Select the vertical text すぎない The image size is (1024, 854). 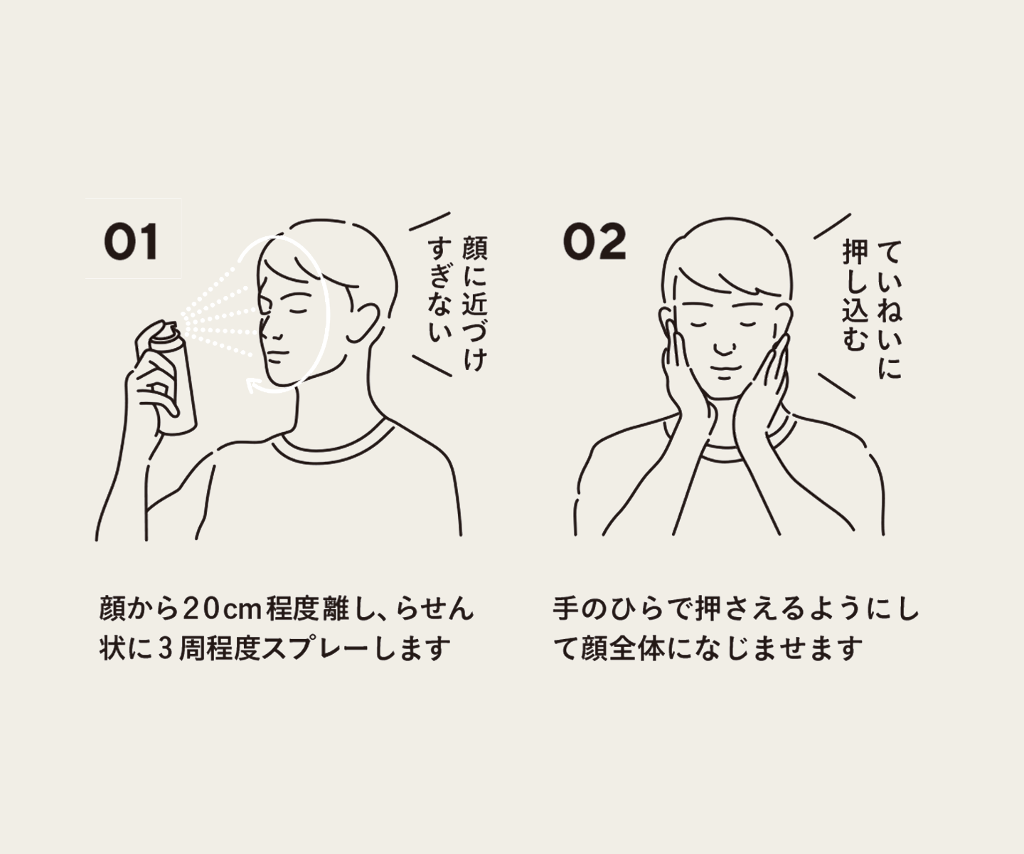coord(440,292)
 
